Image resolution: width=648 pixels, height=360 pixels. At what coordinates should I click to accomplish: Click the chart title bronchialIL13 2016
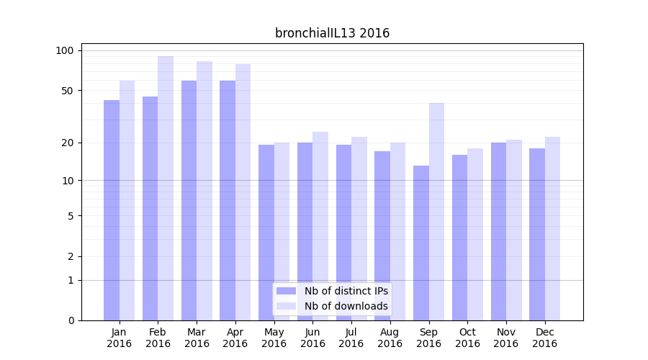332,33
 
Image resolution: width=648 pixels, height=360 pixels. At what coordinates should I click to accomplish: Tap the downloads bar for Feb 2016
166,188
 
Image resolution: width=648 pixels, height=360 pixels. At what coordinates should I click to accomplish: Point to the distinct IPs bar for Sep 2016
421,243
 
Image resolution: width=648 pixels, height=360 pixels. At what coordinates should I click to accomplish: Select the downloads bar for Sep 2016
436,212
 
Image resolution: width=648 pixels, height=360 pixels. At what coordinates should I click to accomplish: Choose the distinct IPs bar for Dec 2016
537,234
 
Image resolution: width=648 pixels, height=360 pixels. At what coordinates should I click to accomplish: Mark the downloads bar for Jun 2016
320,226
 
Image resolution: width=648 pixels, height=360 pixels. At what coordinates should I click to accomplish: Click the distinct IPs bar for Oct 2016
459,238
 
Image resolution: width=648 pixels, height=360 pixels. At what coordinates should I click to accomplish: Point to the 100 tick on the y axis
65,50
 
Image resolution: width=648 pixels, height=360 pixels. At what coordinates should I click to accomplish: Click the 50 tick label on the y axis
68,91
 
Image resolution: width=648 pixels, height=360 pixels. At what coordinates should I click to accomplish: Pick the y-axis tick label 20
68,143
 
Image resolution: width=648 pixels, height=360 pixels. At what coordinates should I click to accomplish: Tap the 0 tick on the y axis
71,320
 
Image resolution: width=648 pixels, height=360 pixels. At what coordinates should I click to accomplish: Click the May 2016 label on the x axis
274,338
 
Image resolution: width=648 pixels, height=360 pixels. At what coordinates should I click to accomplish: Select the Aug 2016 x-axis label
390,338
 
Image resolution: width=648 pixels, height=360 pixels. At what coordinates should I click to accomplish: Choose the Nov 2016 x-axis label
506,338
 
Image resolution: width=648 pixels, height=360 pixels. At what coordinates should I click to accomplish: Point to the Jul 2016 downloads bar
359,228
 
